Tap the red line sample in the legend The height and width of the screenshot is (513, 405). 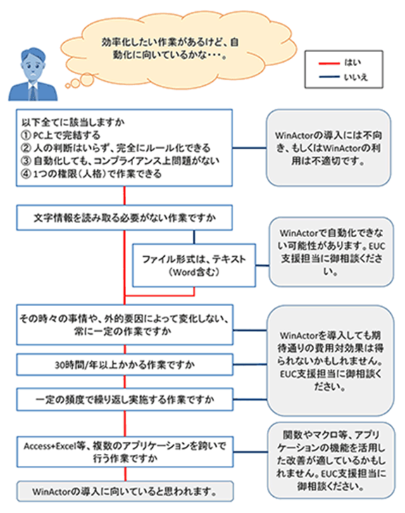click(329, 63)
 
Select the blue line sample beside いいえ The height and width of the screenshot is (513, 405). click(329, 77)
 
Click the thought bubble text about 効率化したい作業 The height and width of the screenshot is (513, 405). click(170, 49)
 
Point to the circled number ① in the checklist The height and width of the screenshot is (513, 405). click(25, 135)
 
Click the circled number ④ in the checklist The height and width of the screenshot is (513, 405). click(25, 173)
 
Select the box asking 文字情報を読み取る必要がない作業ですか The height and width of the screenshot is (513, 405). click(125, 217)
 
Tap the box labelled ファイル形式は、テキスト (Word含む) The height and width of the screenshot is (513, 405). click(194, 265)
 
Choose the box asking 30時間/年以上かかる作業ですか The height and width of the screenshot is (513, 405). click(125, 365)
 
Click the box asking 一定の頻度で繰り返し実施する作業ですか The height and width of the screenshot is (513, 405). click(125, 400)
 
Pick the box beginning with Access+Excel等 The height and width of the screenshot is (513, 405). click(125, 452)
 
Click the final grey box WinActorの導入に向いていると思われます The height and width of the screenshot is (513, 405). click(125, 491)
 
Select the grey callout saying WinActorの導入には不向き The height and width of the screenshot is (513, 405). click(328, 148)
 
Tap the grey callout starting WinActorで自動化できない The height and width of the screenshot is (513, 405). click(331, 252)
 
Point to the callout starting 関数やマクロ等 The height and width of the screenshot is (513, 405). click(331, 460)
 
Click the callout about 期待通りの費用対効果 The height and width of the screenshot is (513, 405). click(330, 360)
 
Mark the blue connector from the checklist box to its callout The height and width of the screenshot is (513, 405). click(249, 148)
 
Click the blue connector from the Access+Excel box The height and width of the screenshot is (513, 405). click(251, 452)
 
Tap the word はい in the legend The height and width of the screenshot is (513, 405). click(353, 63)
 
